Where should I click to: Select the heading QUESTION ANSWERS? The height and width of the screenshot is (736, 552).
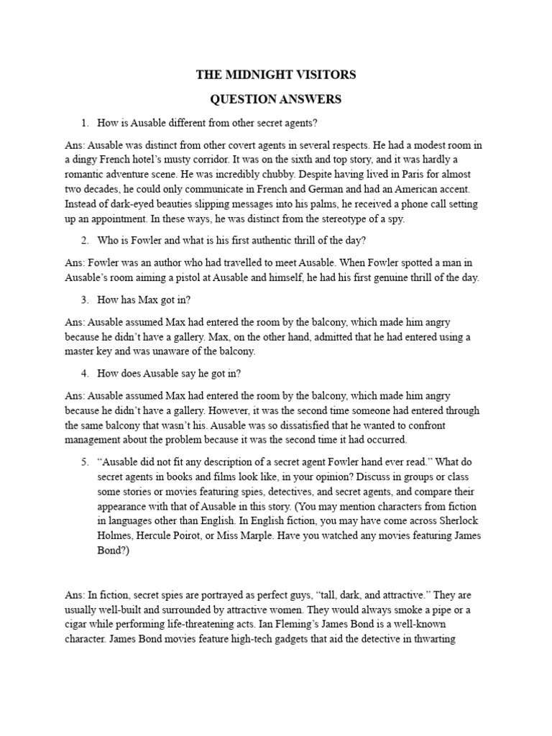276,98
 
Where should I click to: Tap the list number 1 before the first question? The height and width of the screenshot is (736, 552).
84,122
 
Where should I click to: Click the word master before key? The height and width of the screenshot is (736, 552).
80,351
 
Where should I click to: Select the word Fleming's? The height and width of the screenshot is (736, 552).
372,622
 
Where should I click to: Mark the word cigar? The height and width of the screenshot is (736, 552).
78,622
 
